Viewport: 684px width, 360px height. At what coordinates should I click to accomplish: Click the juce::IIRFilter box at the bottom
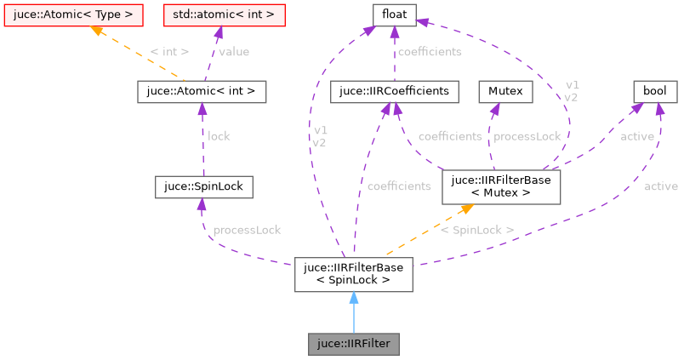pos(353,344)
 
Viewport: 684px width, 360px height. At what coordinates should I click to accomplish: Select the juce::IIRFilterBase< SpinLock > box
pos(353,273)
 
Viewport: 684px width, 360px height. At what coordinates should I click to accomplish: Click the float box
pos(395,14)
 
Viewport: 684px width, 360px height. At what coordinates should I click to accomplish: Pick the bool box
pos(654,91)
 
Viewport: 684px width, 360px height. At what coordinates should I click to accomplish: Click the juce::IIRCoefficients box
pos(395,91)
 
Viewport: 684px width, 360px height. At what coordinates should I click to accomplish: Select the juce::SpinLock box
pos(203,186)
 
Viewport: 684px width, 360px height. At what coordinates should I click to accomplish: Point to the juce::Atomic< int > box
pos(202,91)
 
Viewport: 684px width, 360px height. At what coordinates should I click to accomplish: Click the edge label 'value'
pos(234,52)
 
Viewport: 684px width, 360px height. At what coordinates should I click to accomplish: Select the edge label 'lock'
pos(219,135)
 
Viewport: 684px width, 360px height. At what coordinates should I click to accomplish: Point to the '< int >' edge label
pos(169,52)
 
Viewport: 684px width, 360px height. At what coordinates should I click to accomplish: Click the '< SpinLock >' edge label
pos(476,230)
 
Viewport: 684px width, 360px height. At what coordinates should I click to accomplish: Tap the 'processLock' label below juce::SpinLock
pos(247,230)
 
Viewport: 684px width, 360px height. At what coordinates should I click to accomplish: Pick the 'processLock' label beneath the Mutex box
pos(527,136)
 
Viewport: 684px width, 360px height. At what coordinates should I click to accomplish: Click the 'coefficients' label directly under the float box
pos(429,52)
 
